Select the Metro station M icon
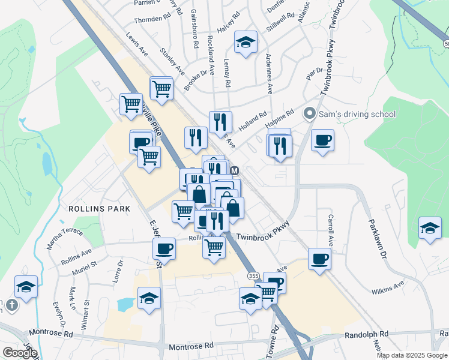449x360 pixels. (x=235, y=170)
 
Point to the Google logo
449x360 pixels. (x=19, y=353)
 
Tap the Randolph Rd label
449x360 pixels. (x=366, y=334)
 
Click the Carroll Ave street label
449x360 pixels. (x=330, y=229)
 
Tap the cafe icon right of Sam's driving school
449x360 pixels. (x=323, y=140)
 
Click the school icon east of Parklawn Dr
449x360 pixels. (x=430, y=229)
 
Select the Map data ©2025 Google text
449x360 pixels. (x=412, y=355)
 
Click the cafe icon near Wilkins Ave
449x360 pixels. (x=319, y=259)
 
